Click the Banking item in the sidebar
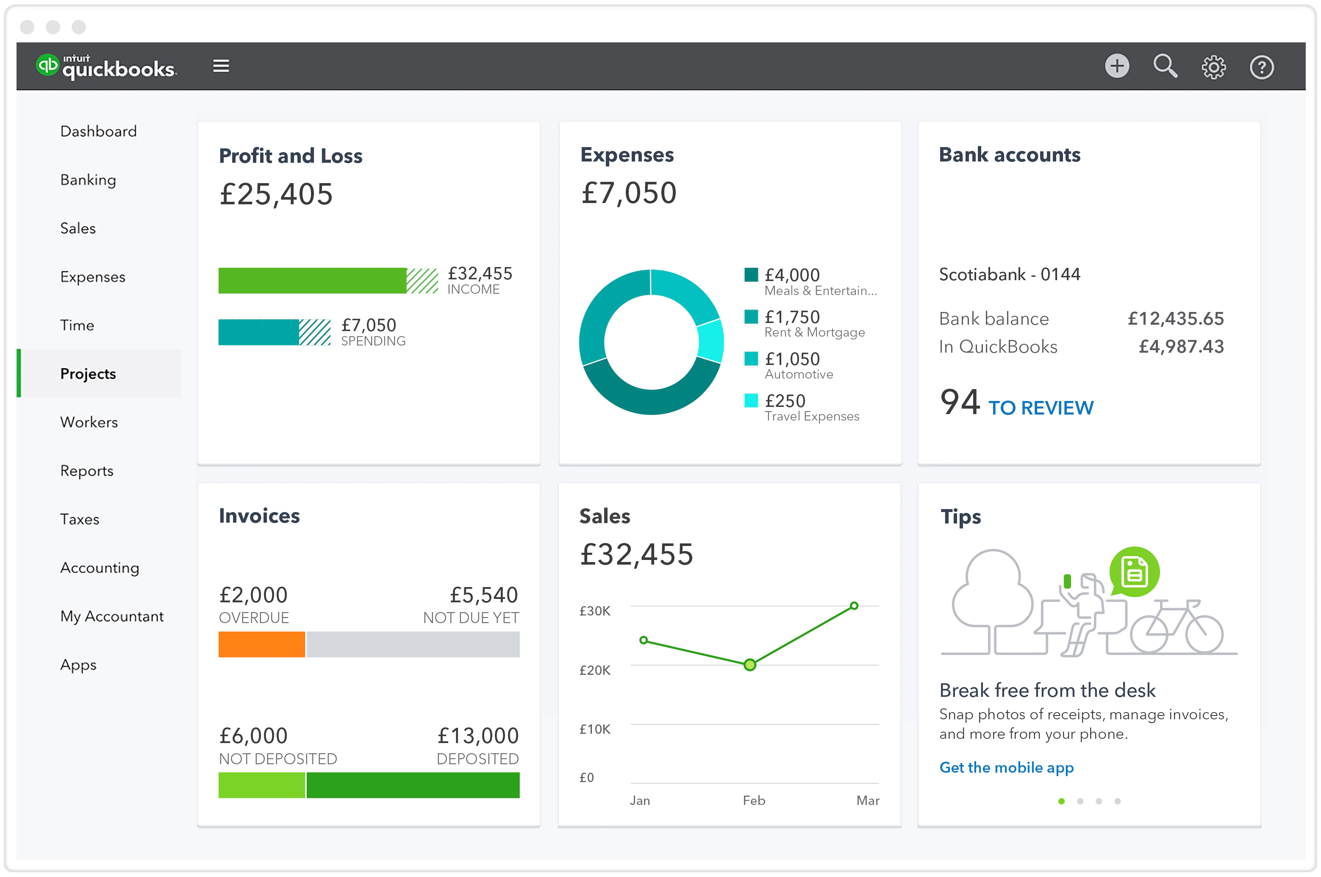(88, 180)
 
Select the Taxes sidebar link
(80, 520)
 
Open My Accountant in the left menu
(112, 616)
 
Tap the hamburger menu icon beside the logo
(221, 66)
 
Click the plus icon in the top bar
(1116, 67)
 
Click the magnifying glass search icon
(1165, 67)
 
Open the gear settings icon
(1213, 67)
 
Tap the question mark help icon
(1261, 67)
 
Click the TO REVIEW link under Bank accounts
(1041, 408)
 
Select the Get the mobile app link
(1006, 767)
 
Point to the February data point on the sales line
(749, 665)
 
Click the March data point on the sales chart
(854, 606)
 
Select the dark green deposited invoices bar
(413, 785)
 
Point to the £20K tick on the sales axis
(595, 670)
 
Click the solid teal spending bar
(258, 332)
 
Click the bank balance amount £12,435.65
(1175, 319)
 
